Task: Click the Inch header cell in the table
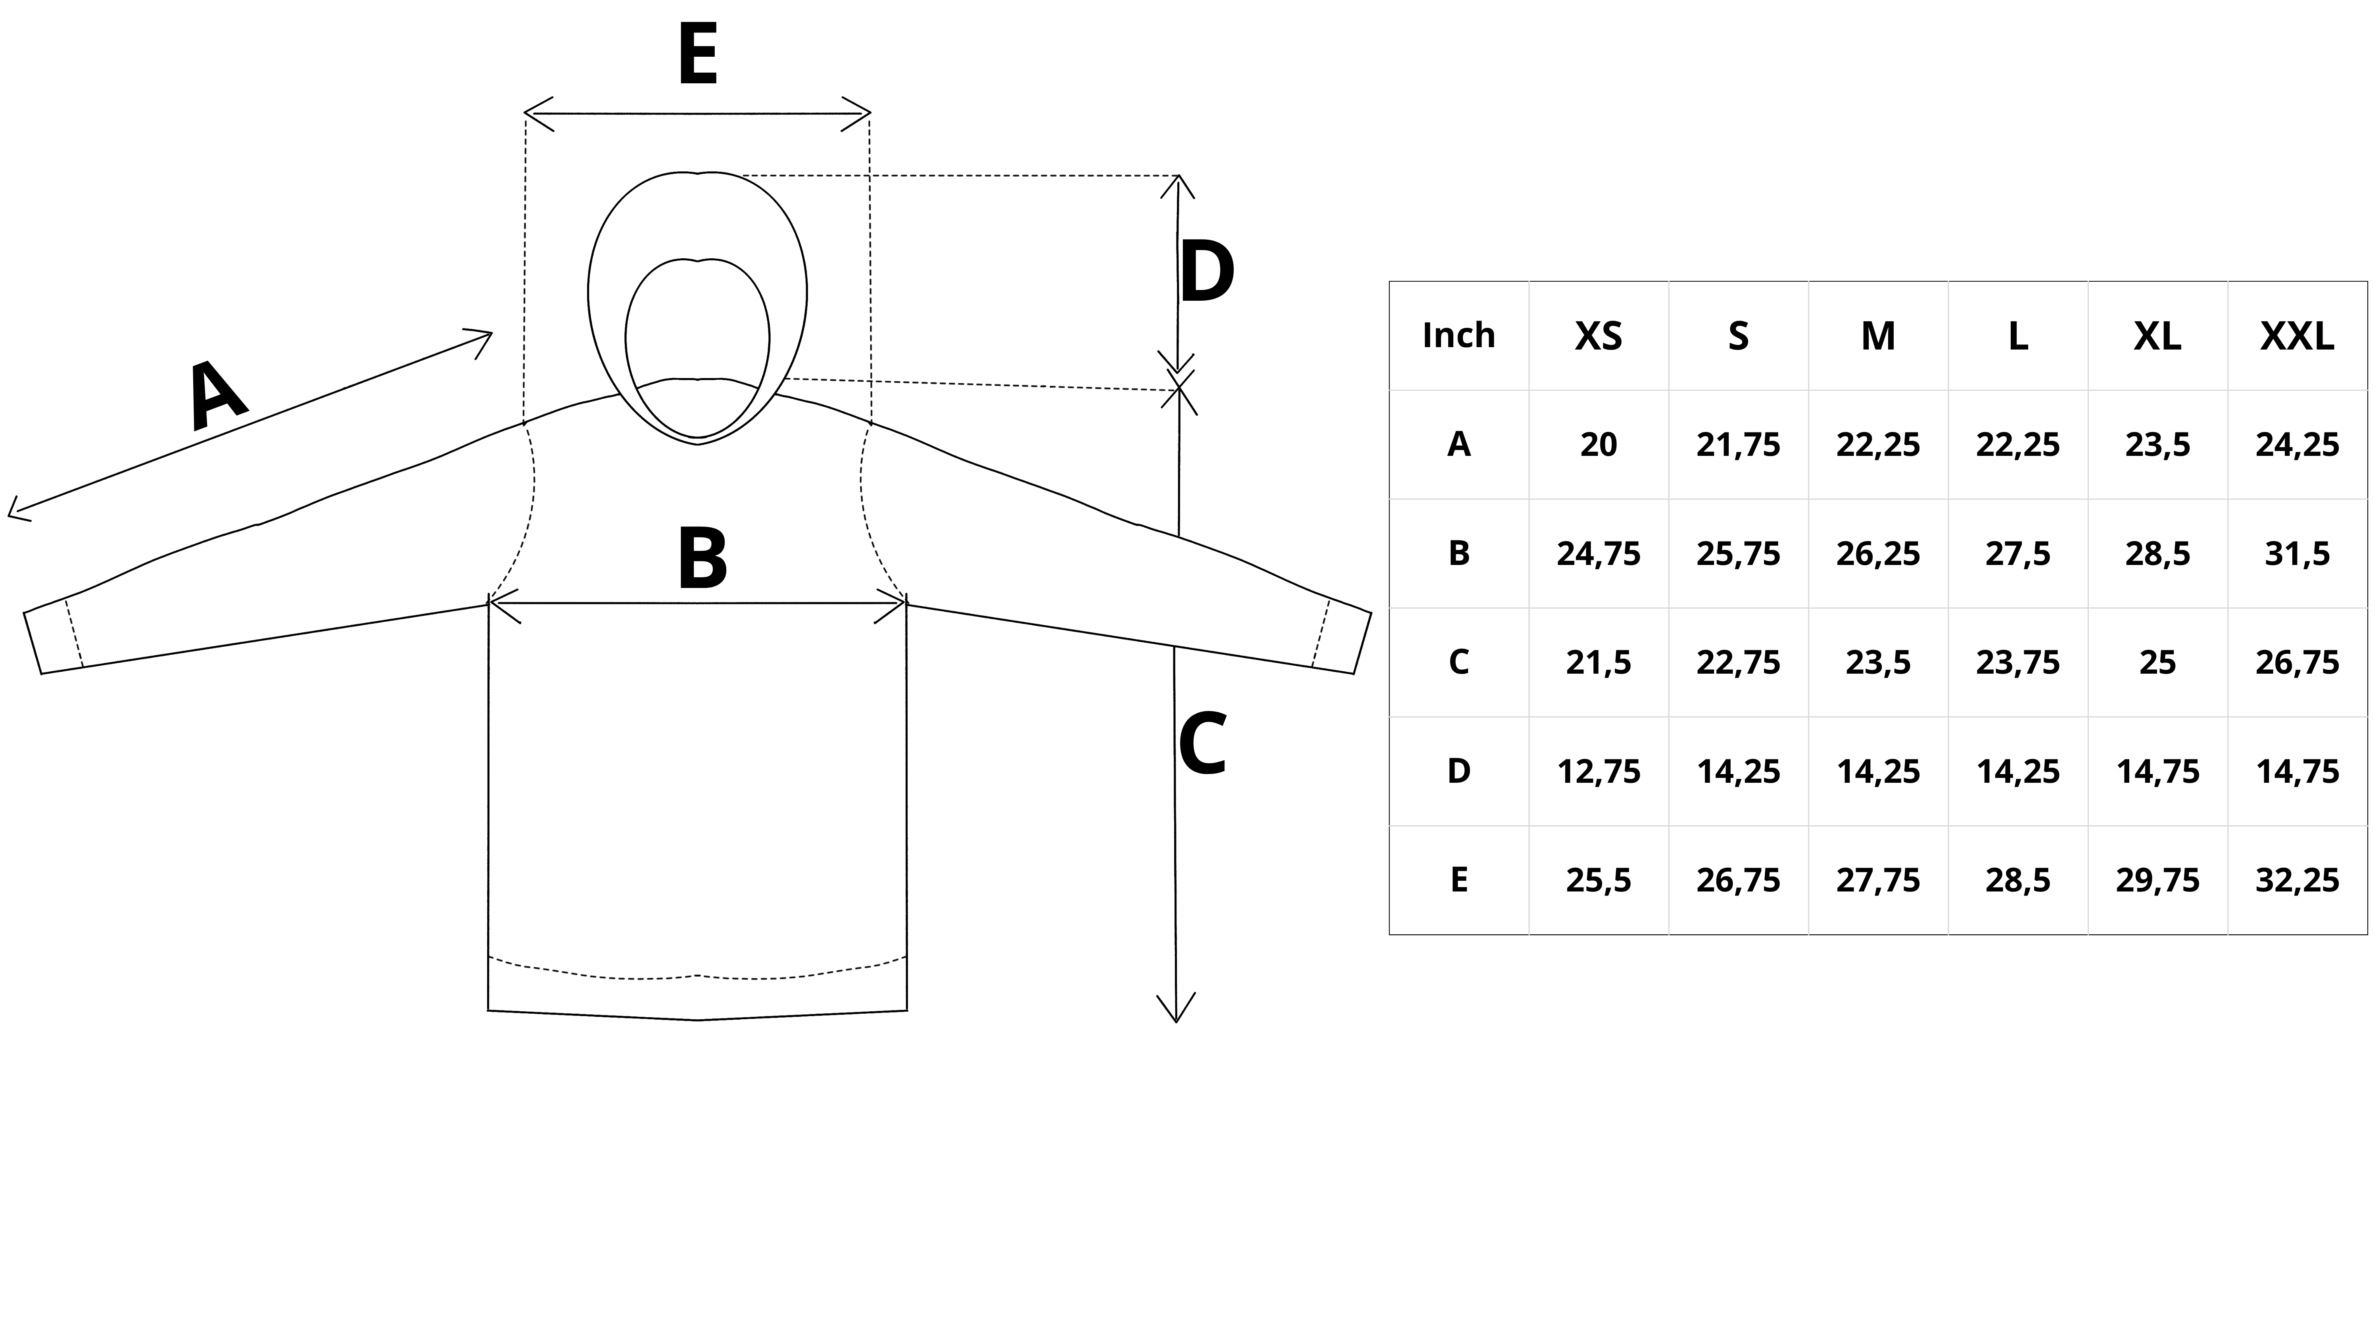(x=1459, y=335)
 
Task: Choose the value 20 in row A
(x=1599, y=444)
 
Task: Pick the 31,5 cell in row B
(x=2297, y=553)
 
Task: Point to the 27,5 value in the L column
(x=2018, y=553)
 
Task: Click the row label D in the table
(x=1459, y=771)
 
